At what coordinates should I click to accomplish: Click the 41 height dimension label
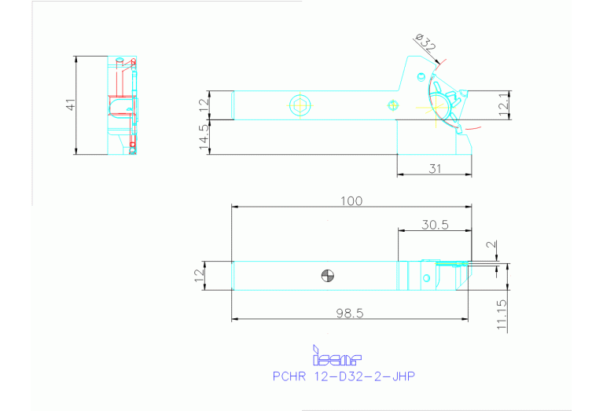[70, 105]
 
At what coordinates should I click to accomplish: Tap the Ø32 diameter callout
[425, 42]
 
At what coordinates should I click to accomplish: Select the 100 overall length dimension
[351, 200]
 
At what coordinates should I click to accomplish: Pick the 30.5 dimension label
[435, 224]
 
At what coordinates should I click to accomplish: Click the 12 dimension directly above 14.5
[204, 104]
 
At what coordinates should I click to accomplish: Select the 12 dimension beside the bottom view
[199, 275]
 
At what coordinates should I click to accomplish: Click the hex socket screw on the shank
[300, 104]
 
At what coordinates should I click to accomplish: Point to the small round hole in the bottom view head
[426, 277]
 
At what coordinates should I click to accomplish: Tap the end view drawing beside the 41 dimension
[122, 105]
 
